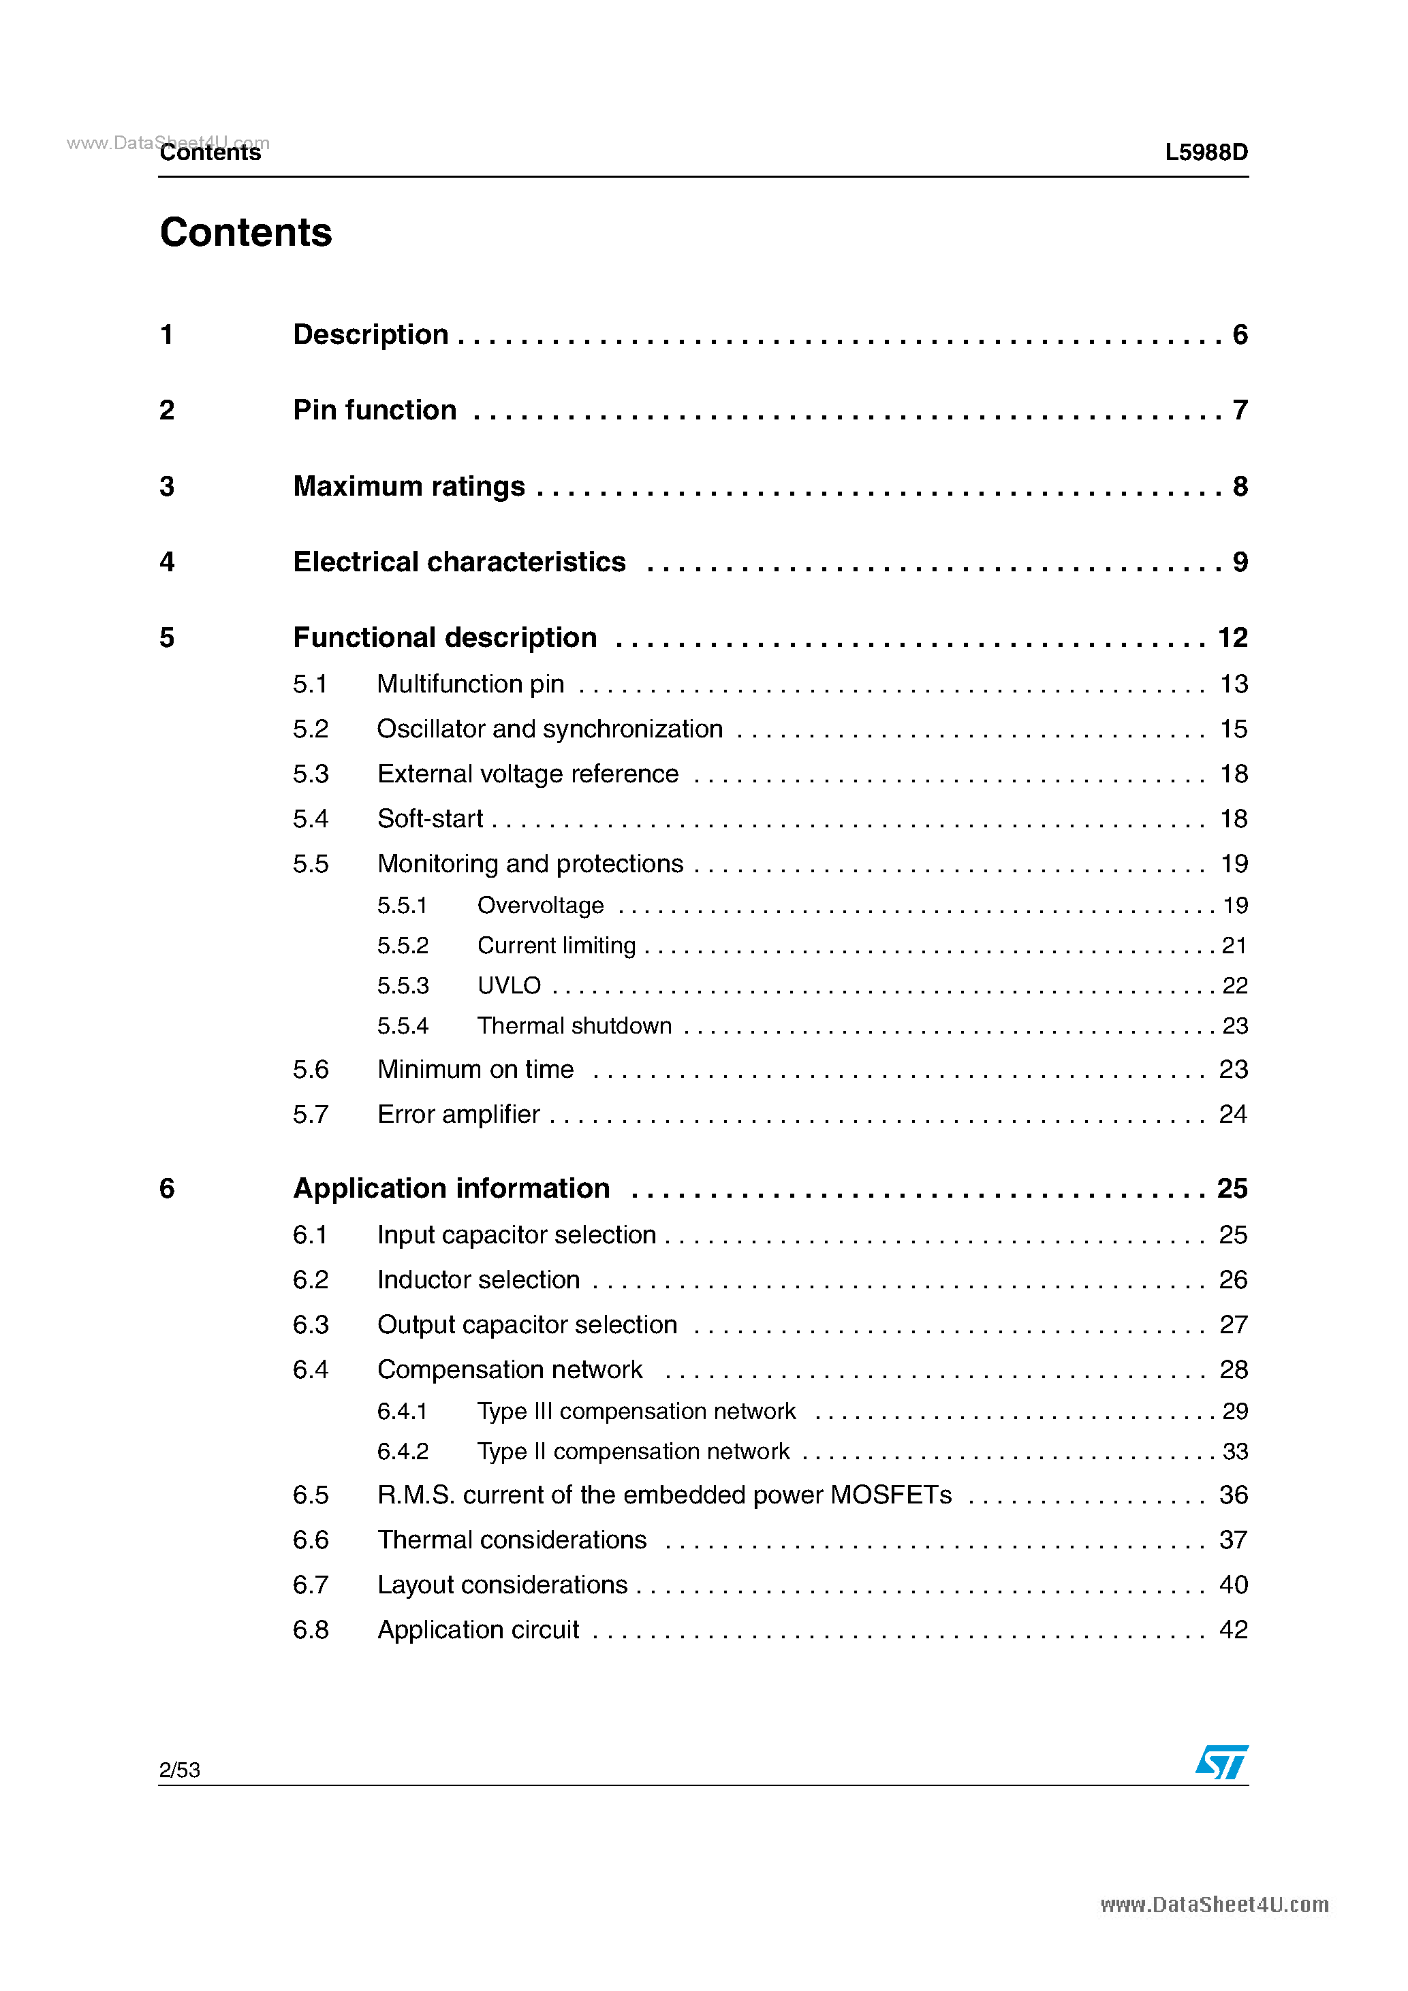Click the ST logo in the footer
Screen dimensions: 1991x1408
click(1221, 1762)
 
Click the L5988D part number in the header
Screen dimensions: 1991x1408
click(1206, 153)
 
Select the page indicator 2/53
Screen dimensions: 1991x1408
click(180, 1770)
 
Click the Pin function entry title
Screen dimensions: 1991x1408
click(374, 410)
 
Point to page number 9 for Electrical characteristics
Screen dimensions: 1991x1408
click(1240, 562)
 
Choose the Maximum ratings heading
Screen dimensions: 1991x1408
click(409, 486)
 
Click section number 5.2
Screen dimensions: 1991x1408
click(311, 729)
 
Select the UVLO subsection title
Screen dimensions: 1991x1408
click(510, 986)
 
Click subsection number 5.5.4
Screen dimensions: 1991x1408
click(403, 1026)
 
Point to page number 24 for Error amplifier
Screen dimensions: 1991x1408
click(1233, 1114)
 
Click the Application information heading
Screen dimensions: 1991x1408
click(451, 1188)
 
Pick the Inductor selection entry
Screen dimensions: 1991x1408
click(478, 1280)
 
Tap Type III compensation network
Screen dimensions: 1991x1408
click(636, 1412)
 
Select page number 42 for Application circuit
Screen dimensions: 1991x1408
click(1233, 1629)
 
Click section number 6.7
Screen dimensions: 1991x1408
click(311, 1585)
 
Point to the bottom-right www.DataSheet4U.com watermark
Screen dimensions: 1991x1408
click(1214, 1905)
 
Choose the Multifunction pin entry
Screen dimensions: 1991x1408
click(470, 684)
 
